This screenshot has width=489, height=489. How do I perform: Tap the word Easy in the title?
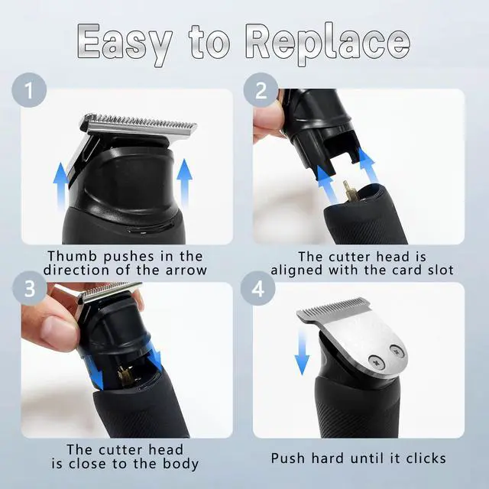click(x=125, y=44)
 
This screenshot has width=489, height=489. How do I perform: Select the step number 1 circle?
click(x=29, y=90)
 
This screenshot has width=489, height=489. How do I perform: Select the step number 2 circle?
click(x=261, y=90)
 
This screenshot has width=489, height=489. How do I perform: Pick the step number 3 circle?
click(x=30, y=289)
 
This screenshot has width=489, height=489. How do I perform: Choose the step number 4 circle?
click(x=258, y=289)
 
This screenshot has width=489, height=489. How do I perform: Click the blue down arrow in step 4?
click(x=302, y=352)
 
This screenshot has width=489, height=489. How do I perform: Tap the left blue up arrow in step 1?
click(x=60, y=186)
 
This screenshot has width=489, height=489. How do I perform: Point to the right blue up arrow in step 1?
click(x=184, y=183)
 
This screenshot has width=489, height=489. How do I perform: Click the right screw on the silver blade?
click(x=397, y=351)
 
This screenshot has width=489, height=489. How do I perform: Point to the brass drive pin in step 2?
click(x=348, y=191)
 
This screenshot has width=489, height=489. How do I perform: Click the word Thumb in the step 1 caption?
click(x=73, y=257)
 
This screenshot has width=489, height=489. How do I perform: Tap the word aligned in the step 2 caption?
click(x=296, y=270)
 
